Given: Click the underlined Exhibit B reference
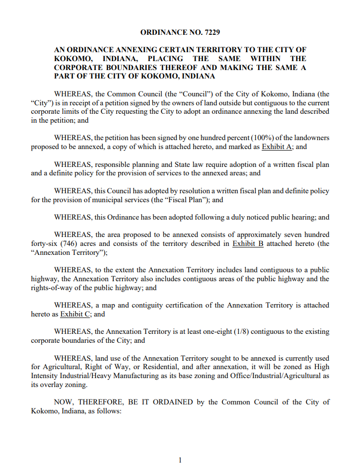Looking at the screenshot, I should (x=248, y=243).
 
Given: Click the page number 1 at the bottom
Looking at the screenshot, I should (x=180, y=460).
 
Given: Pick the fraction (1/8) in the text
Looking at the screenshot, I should (x=242, y=332).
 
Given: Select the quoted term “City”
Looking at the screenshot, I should (x=42, y=103).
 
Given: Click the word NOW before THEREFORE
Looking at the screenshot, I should (x=64, y=402).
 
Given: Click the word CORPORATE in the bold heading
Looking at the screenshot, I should (x=77, y=68).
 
